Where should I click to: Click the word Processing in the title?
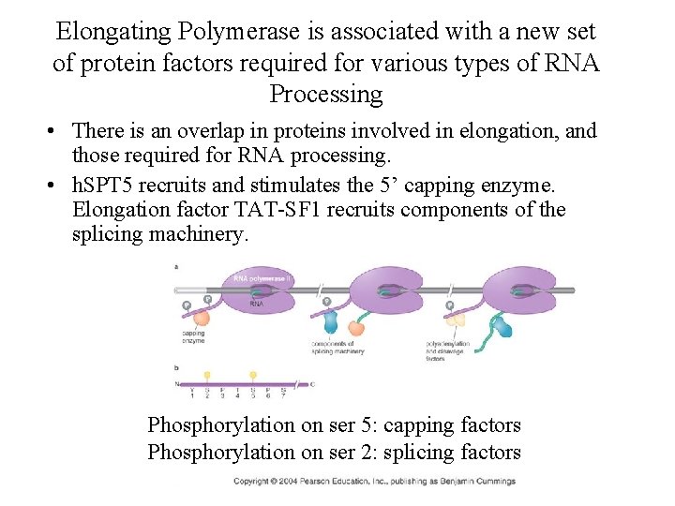click(x=325, y=95)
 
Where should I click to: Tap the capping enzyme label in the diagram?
click(x=193, y=336)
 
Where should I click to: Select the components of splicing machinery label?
click(x=337, y=349)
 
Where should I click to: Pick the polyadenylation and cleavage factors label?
click(x=448, y=350)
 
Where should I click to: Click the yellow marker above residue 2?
click(x=207, y=374)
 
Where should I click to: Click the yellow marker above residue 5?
click(x=252, y=374)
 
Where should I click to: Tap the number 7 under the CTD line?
click(x=283, y=396)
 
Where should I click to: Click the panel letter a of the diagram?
click(x=177, y=267)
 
